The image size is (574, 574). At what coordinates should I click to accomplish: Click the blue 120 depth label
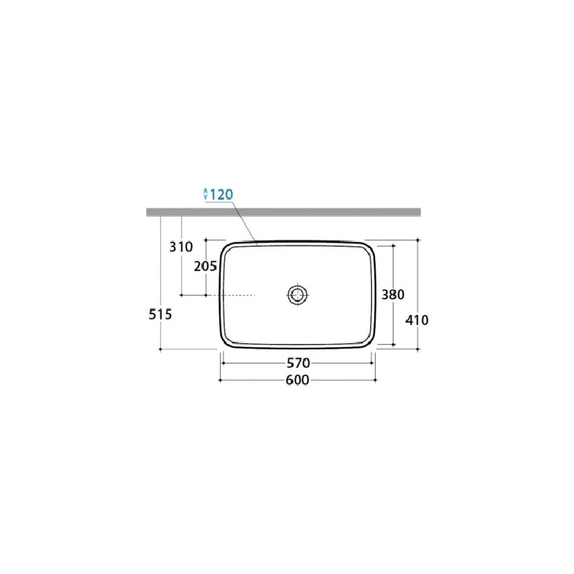pos(222,194)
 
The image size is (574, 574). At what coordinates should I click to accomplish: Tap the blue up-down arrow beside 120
pos(205,193)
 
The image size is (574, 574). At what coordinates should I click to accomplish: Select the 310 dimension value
pos(181,247)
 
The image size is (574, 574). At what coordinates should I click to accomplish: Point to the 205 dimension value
pos(205,266)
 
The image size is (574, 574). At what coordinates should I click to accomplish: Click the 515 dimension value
pos(160,314)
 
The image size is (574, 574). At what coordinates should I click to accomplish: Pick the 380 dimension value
pos(393,294)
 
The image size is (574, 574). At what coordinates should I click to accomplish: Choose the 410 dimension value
pos(417,320)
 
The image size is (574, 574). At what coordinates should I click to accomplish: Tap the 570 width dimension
pos(298,363)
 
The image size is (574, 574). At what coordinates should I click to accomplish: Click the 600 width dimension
pos(297,380)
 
